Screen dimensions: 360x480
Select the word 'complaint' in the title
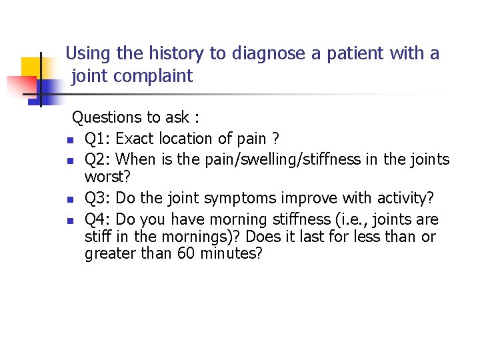(153, 76)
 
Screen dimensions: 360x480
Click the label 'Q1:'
(98, 139)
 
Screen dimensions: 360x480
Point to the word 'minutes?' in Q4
(231, 254)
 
